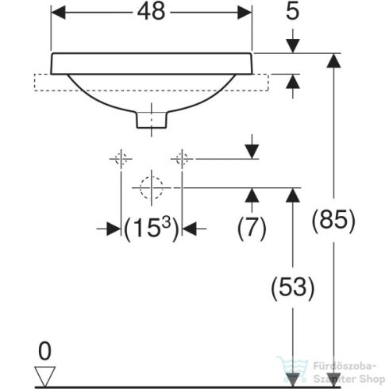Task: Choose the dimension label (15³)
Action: click(x=151, y=228)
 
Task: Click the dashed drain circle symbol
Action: click(x=151, y=187)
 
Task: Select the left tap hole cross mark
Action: click(x=120, y=158)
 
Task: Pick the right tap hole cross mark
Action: click(x=182, y=158)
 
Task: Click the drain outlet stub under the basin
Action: click(x=151, y=119)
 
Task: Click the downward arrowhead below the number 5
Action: click(x=293, y=46)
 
